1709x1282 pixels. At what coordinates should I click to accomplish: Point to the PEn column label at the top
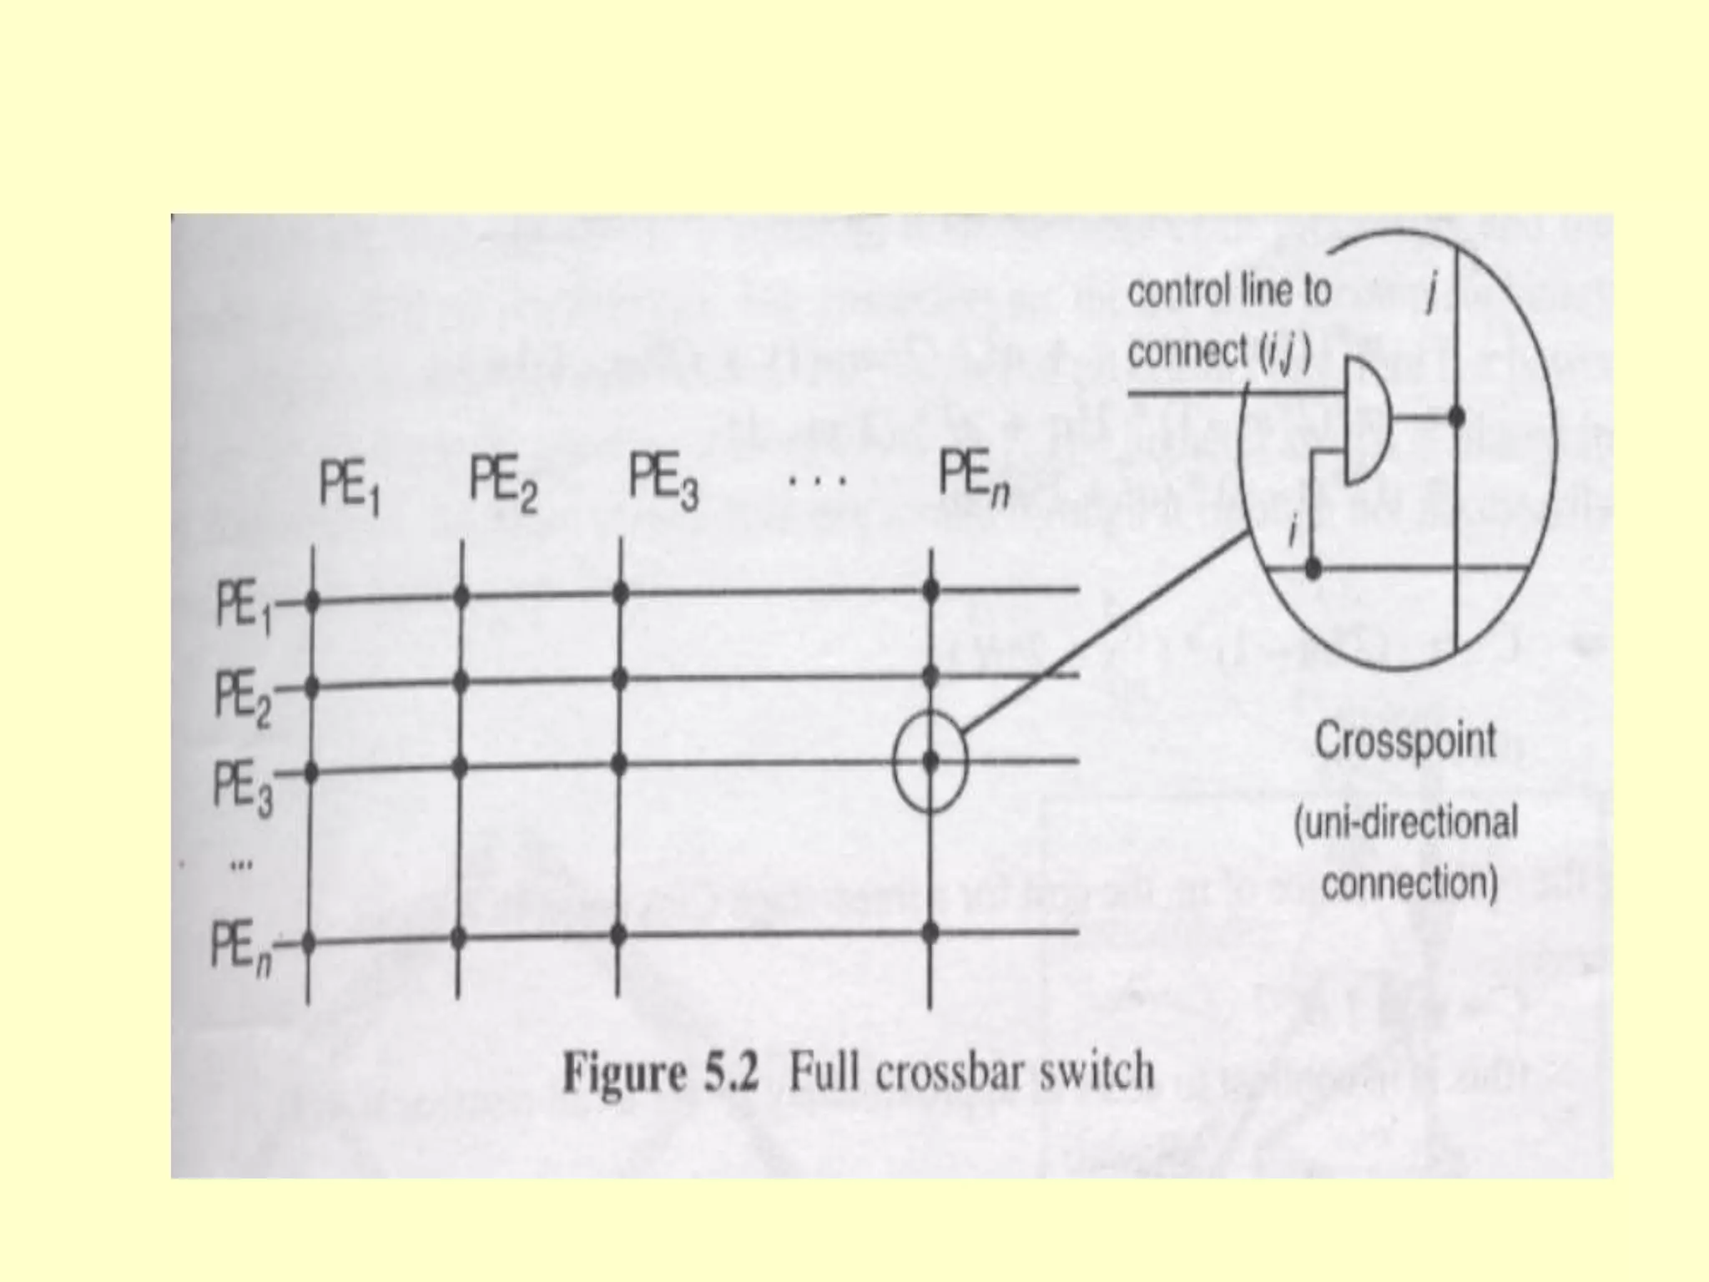click(x=973, y=479)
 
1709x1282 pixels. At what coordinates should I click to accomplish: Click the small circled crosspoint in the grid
click(x=930, y=761)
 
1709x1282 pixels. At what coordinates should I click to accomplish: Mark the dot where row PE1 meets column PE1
click(x=313, y=600)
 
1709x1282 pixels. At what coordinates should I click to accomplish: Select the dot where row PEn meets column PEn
click(x=930, y=932)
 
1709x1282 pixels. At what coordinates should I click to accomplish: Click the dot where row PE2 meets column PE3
click(x=619, y=679)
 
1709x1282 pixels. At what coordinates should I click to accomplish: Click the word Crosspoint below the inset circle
click(x=1405, y=742)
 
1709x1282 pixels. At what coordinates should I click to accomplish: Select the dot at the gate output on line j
click(x=1456, y=416)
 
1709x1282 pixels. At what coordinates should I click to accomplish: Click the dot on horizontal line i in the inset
click(x=1313, y=570)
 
